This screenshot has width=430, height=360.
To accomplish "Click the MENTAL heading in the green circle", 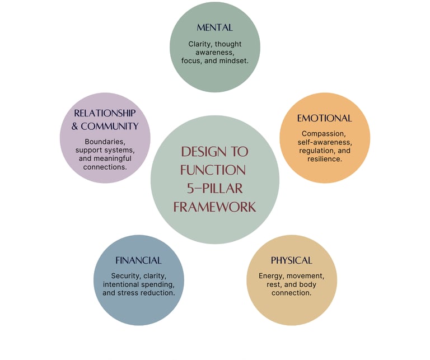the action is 214,27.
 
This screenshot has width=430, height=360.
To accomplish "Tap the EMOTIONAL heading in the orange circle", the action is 324,118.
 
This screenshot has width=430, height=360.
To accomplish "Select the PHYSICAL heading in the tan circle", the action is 291,260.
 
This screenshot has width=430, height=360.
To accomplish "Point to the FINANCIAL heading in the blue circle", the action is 138,260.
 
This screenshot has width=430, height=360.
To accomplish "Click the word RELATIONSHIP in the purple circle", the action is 105,113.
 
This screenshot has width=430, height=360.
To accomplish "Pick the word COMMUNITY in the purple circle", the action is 110,126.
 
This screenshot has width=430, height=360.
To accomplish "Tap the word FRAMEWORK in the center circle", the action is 214,207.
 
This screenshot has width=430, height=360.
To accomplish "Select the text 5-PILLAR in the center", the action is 215,188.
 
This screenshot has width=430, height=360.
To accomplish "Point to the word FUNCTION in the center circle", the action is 214,170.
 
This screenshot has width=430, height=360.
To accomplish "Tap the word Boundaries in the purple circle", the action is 105,142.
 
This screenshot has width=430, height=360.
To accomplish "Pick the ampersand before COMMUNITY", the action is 76,126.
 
